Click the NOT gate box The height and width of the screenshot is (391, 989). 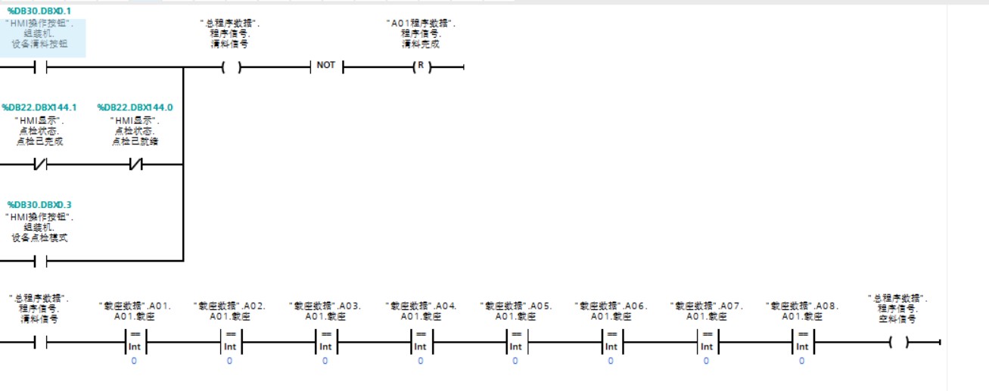[326, 66]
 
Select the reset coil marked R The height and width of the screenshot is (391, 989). [421, 67]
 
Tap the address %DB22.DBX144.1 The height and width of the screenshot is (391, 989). [39, 107]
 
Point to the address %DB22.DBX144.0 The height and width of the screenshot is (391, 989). [135, 107]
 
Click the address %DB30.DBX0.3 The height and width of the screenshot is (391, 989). [39, 205]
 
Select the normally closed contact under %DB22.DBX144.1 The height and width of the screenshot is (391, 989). [40, 163]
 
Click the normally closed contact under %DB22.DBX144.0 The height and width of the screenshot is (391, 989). [135, 163]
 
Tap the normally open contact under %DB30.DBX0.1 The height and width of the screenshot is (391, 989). [40, 67]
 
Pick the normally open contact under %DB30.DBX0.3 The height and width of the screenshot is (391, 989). [40, 261]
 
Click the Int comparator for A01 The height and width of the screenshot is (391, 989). [135, 341]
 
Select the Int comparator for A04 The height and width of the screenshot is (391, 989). [421, 341]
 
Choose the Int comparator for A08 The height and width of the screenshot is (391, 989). [802, 341]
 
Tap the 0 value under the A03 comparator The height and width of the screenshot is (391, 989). [325, 362]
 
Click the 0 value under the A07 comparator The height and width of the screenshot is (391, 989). [707, 362]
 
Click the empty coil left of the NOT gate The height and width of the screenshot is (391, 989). [231, 67]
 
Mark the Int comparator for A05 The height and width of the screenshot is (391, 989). [516, 341]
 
